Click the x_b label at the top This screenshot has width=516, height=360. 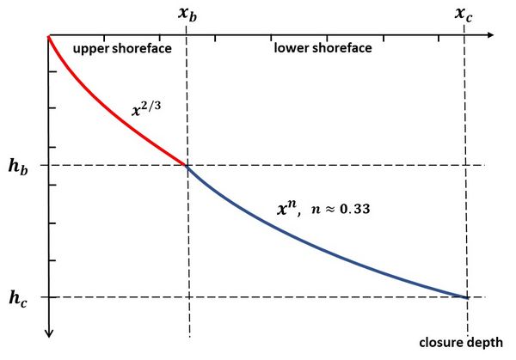point(187,15)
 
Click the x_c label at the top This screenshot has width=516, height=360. point(465,15)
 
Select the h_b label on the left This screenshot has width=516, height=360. point(18,165)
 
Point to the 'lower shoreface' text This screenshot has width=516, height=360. point(322,48)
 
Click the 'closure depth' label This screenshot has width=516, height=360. point(464,342)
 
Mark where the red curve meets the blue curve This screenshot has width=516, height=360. point(187,164)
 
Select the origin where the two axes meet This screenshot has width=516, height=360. point(50,35)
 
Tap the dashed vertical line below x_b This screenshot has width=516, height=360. point(187,258)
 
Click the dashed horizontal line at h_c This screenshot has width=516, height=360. point(258,297)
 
